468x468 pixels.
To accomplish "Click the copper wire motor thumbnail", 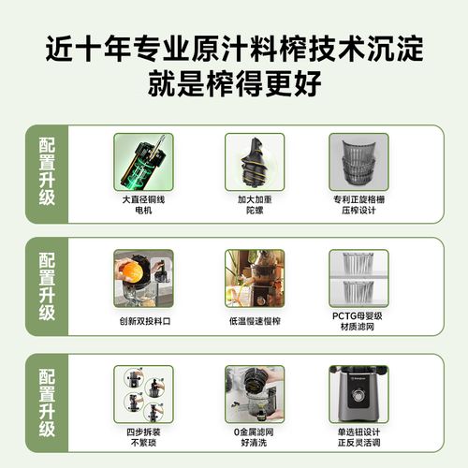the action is [143, 162].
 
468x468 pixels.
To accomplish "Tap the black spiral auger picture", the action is [255, 162].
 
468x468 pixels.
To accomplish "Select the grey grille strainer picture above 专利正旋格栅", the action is [358, 162].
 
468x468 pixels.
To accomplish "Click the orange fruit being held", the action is [132, 272].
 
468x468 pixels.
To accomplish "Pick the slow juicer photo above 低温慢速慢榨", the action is [255, 278].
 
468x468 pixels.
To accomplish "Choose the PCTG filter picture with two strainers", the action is [358, 278].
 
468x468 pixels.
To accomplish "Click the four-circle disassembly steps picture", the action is [143, 394].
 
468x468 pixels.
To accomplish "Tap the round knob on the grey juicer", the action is [358, 395].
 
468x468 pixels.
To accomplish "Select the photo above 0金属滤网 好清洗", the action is [255, 394].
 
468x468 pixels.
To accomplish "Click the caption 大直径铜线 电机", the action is [143, 205].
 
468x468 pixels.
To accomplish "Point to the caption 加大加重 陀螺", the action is [255, 205].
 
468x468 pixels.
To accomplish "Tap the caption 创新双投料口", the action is [145, 321].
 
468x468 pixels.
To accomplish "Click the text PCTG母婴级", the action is [358, 316].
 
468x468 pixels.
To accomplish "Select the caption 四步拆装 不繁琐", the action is [143, 437].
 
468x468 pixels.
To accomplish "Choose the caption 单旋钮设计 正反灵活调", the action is [358, 437].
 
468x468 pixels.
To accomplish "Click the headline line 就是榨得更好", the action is [234, 83].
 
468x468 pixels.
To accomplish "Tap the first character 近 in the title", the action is [60, 49].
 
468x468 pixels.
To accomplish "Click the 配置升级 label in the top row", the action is [47, 171].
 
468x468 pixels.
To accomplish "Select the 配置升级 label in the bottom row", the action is [47, 402].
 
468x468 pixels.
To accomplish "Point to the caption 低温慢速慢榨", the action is [255, 321].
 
